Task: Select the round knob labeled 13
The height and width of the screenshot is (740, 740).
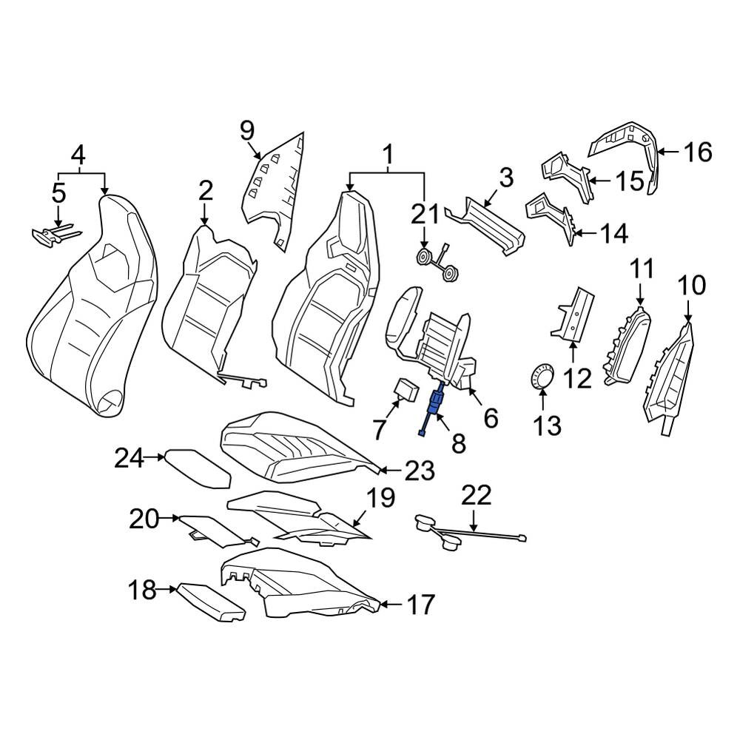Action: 542,376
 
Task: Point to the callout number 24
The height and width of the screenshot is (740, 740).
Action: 129,458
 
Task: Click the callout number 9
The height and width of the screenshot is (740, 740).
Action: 247,131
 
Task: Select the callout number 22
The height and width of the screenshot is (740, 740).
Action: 476,496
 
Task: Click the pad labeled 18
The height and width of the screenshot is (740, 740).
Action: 210,602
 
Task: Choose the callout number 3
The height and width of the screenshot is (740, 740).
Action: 505,178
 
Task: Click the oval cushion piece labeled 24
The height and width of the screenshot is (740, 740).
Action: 198,468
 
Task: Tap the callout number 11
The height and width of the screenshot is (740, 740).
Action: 642,269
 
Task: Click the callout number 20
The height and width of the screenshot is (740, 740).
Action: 144,519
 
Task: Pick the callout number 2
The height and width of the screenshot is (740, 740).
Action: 205,191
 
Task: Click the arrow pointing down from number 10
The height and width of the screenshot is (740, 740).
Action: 688,310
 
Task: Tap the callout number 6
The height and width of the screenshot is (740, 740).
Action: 491,418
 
